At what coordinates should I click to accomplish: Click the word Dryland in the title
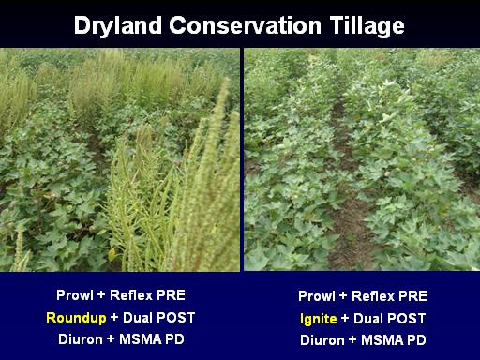click(118, 25)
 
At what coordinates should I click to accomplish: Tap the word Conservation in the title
click(246, 25)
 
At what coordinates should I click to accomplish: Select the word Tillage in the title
click(367, 25)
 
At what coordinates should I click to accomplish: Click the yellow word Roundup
click(76, 318)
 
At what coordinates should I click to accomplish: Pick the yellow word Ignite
click(319, 319)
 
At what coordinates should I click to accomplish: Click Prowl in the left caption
click(75, 295)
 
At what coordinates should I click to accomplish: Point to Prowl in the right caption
click(317, 296)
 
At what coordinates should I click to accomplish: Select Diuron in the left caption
click(81, 339)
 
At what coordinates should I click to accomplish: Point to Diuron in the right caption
click(322, 340)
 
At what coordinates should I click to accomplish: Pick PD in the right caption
click(416, 340)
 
